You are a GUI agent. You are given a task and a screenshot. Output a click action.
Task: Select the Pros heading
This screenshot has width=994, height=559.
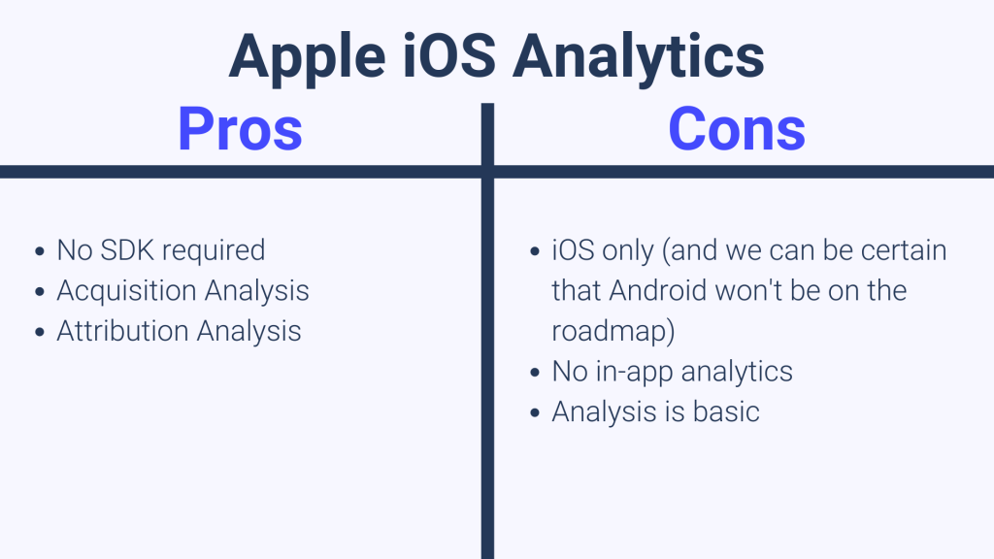coord(240,128)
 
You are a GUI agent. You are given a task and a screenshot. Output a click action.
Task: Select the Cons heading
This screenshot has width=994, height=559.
coord(737,128)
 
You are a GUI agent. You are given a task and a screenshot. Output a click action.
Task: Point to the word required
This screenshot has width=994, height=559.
coord(214,250)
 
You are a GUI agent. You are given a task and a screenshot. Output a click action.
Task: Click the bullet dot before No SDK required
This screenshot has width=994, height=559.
coord(39,251)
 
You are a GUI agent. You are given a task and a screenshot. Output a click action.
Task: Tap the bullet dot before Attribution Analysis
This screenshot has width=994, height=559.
coord(39,332)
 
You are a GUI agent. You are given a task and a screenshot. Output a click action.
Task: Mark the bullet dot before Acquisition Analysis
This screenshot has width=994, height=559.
coord(39,291)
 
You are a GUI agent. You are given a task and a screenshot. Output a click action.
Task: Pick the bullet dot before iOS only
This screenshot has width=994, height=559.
coord(535,251)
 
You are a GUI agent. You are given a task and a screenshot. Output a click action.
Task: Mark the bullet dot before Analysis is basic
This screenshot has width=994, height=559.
coord(535,412)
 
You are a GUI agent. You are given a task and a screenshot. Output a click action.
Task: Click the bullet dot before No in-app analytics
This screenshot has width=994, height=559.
coord(535,372)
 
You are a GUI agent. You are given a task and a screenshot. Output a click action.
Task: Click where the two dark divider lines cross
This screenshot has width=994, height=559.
coord(487,172)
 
